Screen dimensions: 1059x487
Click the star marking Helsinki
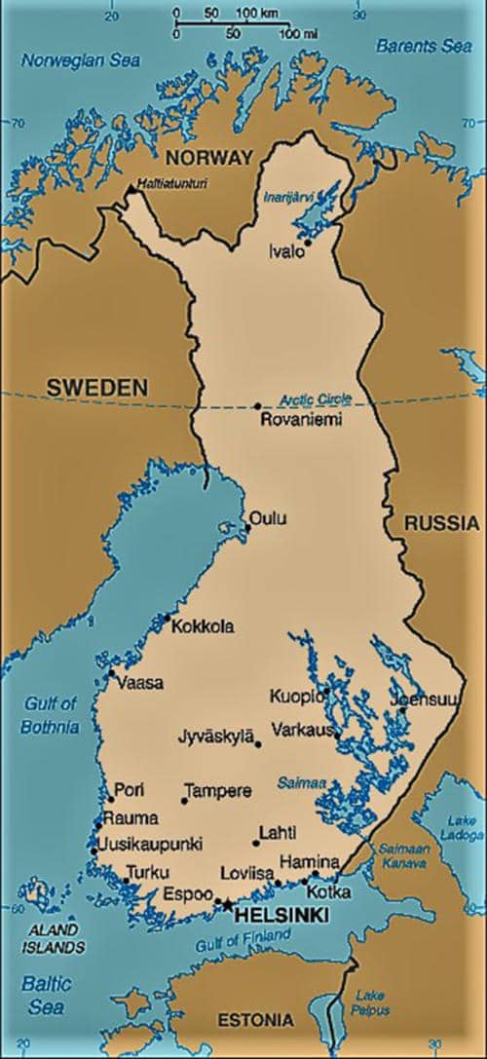[x=228, y=905]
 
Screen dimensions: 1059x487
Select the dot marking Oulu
[x=247, y=528]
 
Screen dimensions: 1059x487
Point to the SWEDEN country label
[x=97, y=388]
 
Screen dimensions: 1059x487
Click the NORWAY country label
[x=209, y=158]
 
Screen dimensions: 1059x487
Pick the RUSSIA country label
[x=441, y=523]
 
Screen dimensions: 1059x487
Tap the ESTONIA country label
[x=254, y=1020]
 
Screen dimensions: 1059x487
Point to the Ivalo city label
[x=286, y=251]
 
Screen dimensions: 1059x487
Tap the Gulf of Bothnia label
[x=51, y=714]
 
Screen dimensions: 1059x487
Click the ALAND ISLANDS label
[x=54, y=938]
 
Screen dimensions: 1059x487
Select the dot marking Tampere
[x=184, y=801]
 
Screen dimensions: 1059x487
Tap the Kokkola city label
[x=202, y=627]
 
